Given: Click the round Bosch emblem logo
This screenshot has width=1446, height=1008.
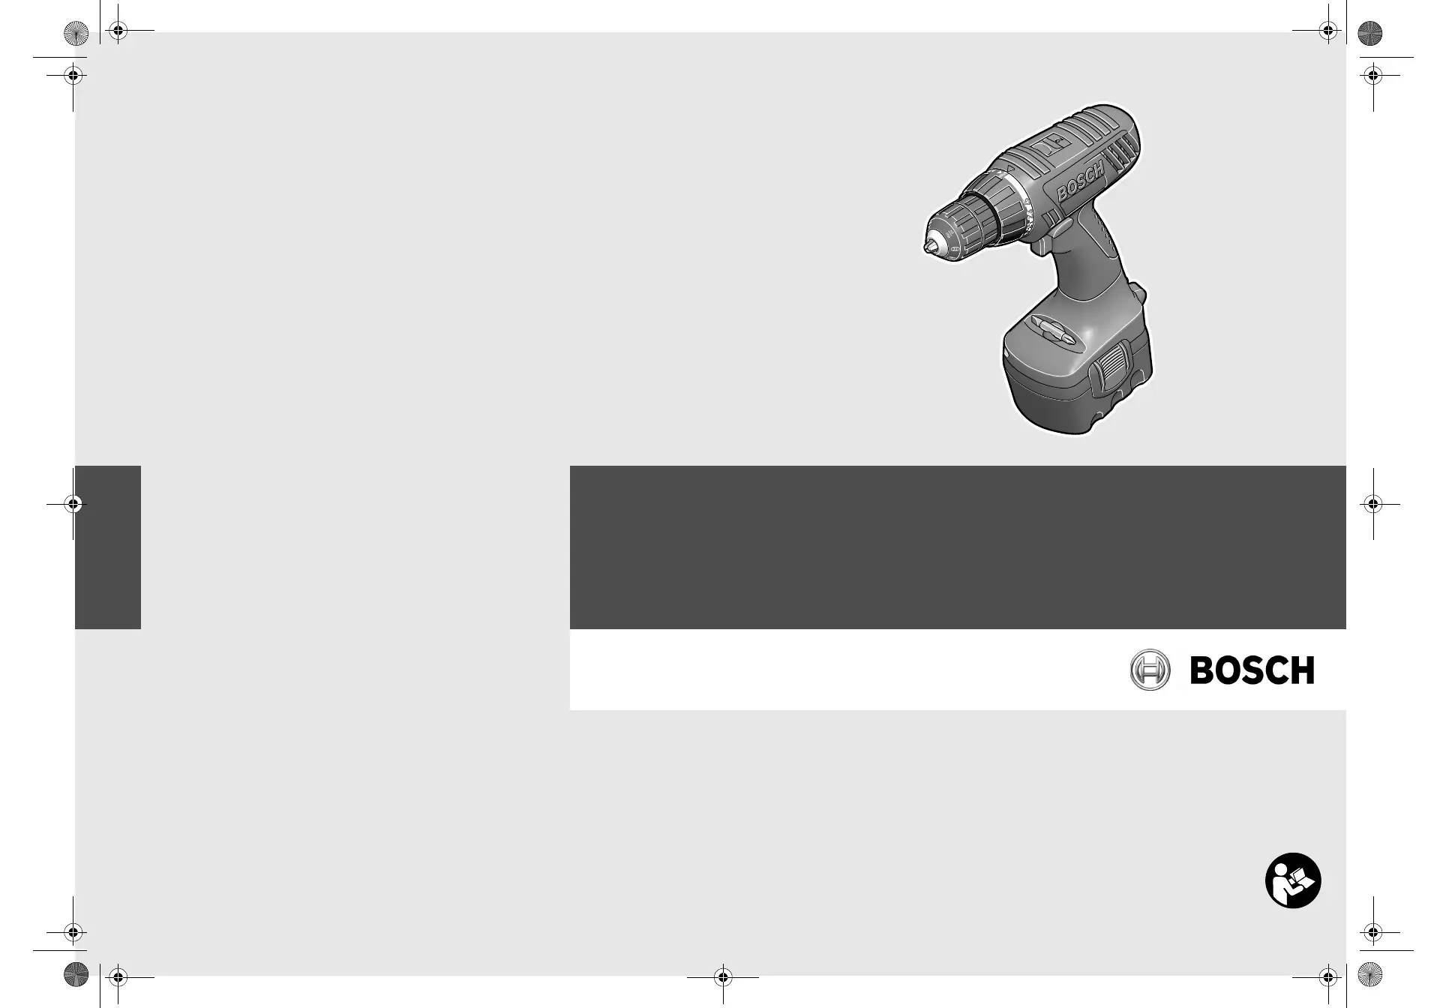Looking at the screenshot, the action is pos(1150,670).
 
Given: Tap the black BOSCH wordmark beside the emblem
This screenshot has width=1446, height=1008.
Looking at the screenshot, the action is pos(1252,670).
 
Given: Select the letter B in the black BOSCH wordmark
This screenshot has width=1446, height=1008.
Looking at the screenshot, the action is pos(1202,670).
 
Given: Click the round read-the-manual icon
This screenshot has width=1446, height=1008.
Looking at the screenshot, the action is pos(1293,880).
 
